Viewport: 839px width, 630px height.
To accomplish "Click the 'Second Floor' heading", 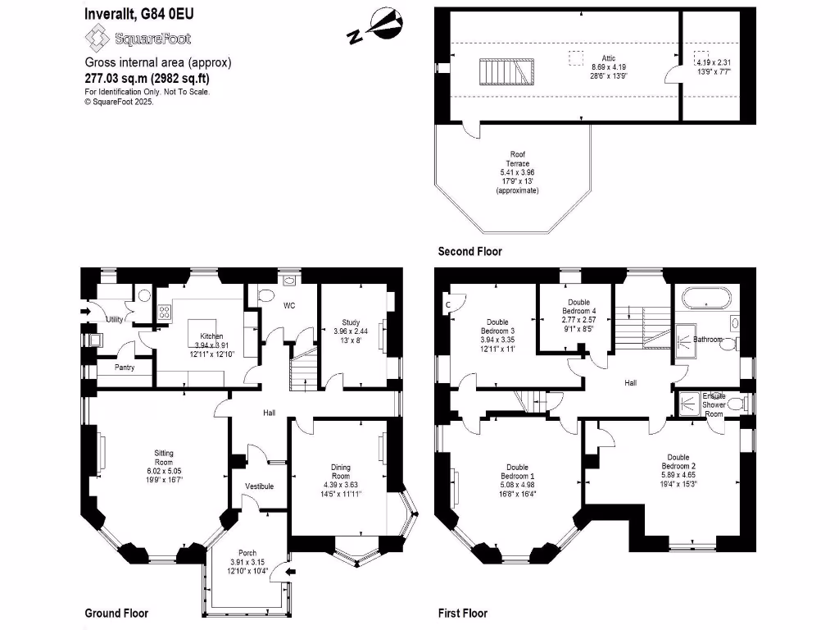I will pos(469,251).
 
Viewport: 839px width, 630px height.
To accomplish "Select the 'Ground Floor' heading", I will pos(116,613).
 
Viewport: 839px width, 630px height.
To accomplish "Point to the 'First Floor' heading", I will pos(463,613).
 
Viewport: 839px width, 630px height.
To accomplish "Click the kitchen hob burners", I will pos(164,311).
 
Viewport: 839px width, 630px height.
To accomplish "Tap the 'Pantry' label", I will pos(125,367).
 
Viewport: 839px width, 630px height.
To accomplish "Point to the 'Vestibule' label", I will pos(259,486).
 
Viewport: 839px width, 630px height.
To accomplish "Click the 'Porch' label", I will pos(247,552).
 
